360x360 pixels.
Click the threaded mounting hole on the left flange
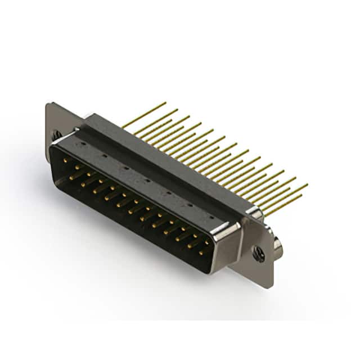57,135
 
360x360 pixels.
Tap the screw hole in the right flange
259,254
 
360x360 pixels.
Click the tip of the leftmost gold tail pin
165,103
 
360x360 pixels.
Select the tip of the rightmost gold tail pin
307,184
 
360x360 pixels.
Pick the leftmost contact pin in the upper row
65,161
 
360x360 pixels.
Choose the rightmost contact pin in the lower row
201,253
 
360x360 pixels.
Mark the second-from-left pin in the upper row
77,168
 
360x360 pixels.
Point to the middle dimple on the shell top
147,181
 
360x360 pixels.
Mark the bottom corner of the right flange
269,287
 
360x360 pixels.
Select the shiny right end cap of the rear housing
254,213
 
